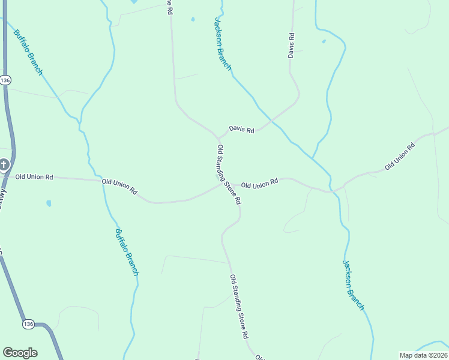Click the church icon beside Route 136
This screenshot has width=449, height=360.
point(4,164)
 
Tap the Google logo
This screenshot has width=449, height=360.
point(20,353)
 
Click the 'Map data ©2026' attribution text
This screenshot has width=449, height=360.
point(423,355)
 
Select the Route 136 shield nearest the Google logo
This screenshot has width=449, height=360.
point(28,324)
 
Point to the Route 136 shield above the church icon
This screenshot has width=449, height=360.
point(5,80)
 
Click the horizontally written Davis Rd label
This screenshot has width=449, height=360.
point(241,130)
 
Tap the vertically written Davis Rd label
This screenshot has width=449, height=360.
point(291,45)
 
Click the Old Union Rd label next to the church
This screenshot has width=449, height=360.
point(34,177)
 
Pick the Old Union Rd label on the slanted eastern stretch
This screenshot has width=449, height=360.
point(399,155)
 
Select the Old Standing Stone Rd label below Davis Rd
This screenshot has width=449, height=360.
point(229,175)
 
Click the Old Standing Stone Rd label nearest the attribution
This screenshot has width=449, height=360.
point(239,307)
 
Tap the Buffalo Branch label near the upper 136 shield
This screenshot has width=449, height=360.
point(28,53)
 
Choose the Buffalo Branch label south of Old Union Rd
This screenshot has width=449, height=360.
point(127,252)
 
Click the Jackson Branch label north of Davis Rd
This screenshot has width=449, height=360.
point(223,44)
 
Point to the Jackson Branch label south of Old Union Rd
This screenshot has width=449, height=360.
point(353,285)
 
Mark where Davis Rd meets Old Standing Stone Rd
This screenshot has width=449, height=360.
point(218,136)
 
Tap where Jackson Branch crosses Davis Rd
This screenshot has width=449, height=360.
point(271,121)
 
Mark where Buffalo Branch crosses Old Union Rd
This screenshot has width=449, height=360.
point(103,181)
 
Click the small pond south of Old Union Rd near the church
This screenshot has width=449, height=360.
point(49,203)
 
